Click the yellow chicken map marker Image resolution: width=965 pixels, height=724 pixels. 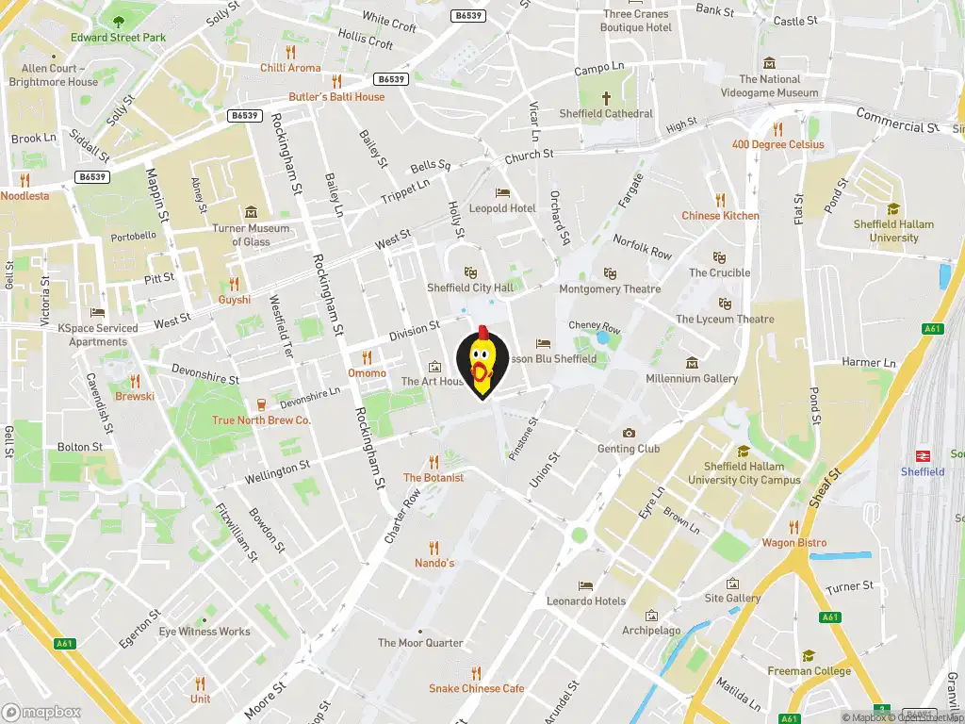(482, 362)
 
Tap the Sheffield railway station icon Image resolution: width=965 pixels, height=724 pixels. (923, 453)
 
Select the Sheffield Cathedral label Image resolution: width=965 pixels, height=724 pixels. (605, 113)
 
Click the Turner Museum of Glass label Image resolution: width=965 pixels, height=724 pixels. (251, 235)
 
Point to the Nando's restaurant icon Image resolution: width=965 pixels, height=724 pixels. (433, 547)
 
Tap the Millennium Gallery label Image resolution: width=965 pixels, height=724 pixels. (692, 378)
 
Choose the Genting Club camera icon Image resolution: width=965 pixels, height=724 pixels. (629, 433)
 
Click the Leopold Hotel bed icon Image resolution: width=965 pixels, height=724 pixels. (502, 192)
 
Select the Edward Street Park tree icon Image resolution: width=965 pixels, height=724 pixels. (118, 21)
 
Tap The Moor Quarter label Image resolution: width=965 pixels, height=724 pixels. (420, 643)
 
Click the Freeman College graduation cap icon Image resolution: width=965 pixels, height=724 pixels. (808, 655)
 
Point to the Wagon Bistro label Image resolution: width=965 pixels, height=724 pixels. (794, 543)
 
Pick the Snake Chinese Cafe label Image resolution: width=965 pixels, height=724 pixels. (476, 688)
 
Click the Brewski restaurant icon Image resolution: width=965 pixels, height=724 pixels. (135, 381)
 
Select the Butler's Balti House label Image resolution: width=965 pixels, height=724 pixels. (336, 96)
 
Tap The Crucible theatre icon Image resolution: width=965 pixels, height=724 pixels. (719, 256)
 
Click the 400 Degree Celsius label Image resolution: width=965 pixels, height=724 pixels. (778, 144)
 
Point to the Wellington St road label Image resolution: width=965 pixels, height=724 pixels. (277, 472)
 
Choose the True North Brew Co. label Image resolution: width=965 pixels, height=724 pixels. (261, 420)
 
